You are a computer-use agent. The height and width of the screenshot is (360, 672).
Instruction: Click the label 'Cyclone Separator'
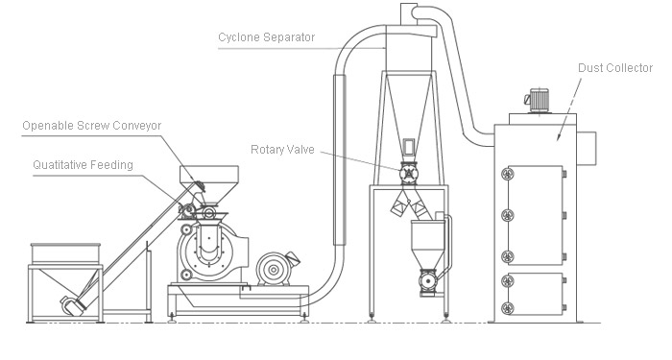267,37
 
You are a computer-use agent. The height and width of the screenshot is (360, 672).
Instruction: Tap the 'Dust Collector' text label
615,68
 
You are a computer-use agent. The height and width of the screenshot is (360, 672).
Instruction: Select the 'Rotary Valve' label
282,150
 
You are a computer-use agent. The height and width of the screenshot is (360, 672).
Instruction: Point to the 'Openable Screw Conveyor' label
92,126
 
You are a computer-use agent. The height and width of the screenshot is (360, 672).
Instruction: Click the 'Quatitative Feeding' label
84,165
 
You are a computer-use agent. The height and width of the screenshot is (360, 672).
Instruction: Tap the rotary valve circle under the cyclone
408,174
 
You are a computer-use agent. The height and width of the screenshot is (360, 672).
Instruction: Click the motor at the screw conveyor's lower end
73,305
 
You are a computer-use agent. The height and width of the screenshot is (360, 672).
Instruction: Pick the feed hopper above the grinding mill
208,183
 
